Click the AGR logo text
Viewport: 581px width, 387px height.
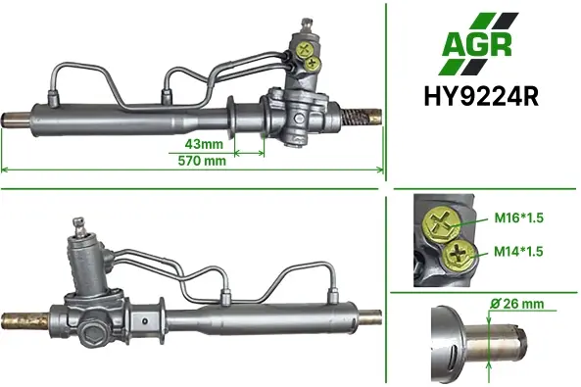click(x=477, y=44)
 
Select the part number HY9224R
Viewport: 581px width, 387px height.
click(x=481, y=96)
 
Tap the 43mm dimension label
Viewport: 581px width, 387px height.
click(x=204, y=144)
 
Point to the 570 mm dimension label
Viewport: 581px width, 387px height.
click(x=202, y=161)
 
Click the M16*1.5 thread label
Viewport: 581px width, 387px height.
click(x=518, y=218)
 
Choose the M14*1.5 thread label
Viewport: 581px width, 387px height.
click(x=518, y=252)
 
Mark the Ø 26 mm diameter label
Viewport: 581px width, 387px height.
click(x=517, y=304)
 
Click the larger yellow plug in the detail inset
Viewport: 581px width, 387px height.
click(x=442, y=224)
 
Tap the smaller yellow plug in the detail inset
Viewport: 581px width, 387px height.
click(x=459, y=255)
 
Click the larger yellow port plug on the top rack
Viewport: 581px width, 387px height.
click(x=305, y=50)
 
